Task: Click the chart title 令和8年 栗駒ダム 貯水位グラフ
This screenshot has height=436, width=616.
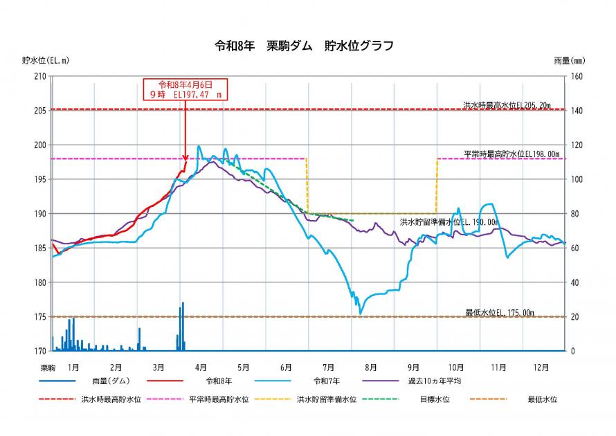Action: point(305,46)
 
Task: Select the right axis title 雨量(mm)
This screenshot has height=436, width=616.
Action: point(570,61)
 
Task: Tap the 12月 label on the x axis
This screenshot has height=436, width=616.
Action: point(541,367)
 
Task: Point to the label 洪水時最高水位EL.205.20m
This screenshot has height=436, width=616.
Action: point(507,105)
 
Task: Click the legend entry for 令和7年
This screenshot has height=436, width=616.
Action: point(329,381)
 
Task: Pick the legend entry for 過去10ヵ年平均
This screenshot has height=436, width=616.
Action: point(435,381)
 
